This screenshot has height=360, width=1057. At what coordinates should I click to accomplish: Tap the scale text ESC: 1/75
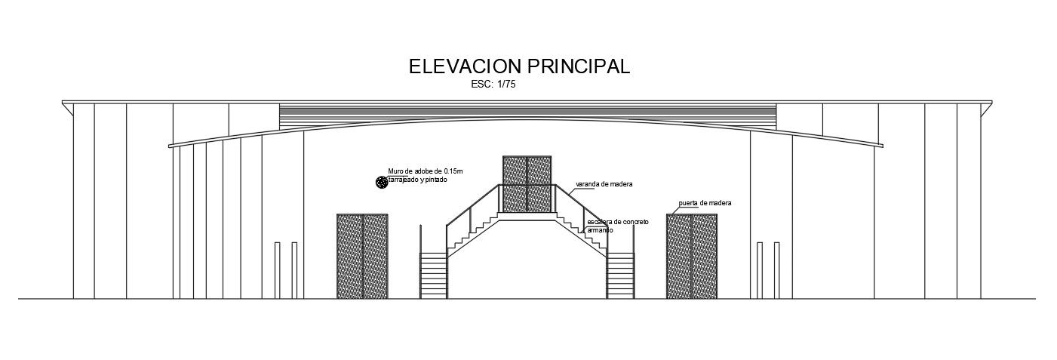[x=493, y=85]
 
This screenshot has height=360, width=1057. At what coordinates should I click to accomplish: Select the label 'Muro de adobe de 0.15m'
[x=425, y=172]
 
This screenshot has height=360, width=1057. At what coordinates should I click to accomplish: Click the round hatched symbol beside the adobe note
[x=381, y=182]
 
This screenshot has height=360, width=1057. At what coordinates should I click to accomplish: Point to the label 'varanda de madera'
[x=604, y=184]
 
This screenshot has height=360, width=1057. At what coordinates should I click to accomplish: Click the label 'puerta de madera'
[x=705, y=203]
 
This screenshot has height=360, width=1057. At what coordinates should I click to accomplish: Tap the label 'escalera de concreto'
[x=617, y=222]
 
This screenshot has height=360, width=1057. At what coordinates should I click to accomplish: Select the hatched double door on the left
[x=362, y=256]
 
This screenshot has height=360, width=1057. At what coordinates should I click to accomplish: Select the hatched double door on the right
[x=692, y=256]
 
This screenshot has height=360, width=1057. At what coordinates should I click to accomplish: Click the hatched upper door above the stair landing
[x=527, y=183]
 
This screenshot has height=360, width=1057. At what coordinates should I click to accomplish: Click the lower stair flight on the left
[x=434, y=275]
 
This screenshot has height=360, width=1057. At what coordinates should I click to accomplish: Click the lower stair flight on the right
[x=620, y=275]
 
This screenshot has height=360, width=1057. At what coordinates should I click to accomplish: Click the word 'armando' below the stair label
[x=600, y=229]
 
